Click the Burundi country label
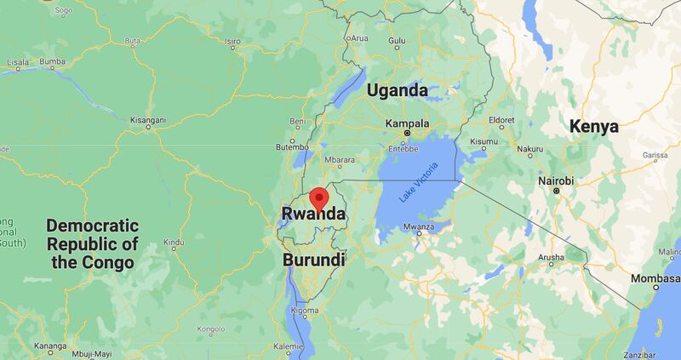pos(314,259)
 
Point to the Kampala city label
pos(407,123)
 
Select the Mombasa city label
pos(655,280)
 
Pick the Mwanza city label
pos(420,226)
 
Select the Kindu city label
pos(174,243)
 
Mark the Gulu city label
pos(397,40)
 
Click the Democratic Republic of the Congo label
pos(92,244)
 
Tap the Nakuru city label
pos(553,148)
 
